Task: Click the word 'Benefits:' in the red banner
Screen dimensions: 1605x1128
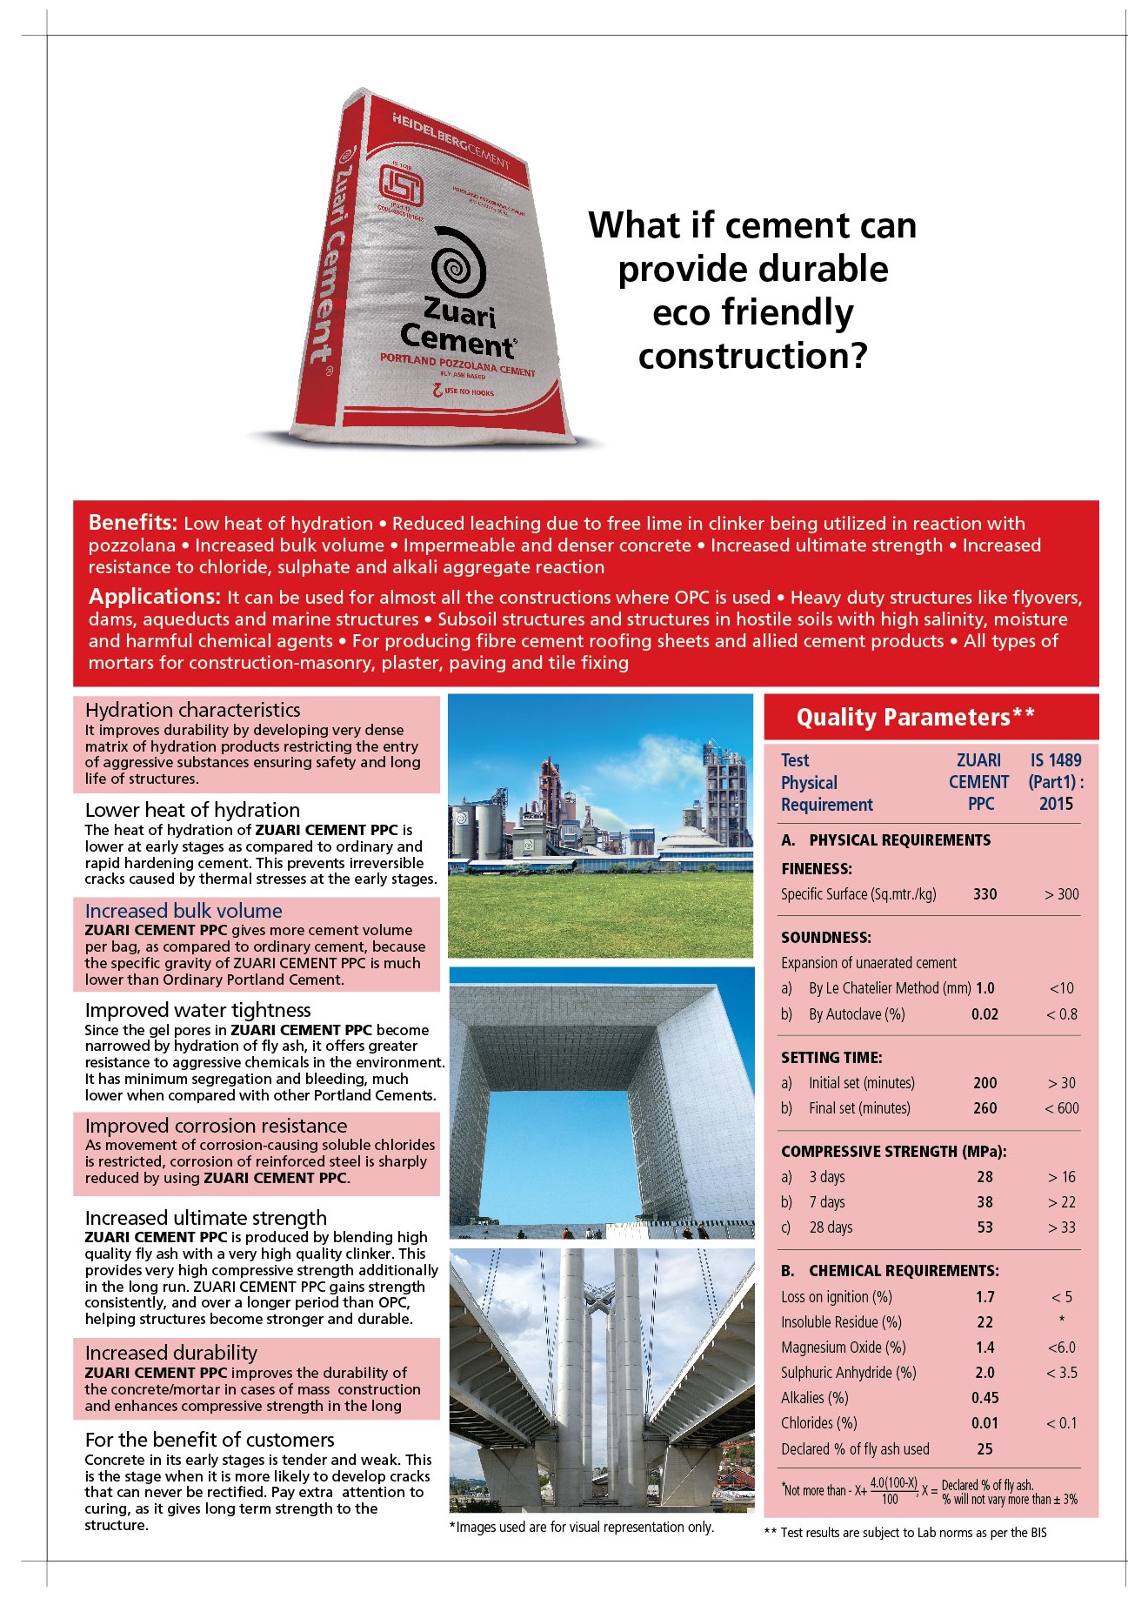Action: point(132,523)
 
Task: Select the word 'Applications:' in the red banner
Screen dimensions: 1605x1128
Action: point(154,597)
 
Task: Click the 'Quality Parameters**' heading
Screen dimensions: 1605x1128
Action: point(915,717)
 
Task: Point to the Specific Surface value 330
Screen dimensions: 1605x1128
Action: point(984,894)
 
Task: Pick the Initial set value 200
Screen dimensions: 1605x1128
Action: point(984,1083)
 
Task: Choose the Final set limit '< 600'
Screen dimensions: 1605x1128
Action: point(1061,1108)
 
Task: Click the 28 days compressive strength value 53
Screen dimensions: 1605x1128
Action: point(984,1227)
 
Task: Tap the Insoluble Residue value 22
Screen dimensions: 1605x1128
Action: point(984,1322)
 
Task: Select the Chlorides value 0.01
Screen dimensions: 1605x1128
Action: point(984,1423)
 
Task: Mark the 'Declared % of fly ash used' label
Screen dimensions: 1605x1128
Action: point(855,1449)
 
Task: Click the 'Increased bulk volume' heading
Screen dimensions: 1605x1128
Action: point(184,911)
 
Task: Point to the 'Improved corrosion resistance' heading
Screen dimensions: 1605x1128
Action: point(216,1126)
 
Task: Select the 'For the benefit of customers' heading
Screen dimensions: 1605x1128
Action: point(210,1440)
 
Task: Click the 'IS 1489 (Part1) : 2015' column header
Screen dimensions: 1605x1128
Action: point(1056,782)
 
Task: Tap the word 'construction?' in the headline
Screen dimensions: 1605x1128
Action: point(753,356)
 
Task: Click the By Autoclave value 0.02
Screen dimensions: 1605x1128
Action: point(984,1014)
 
